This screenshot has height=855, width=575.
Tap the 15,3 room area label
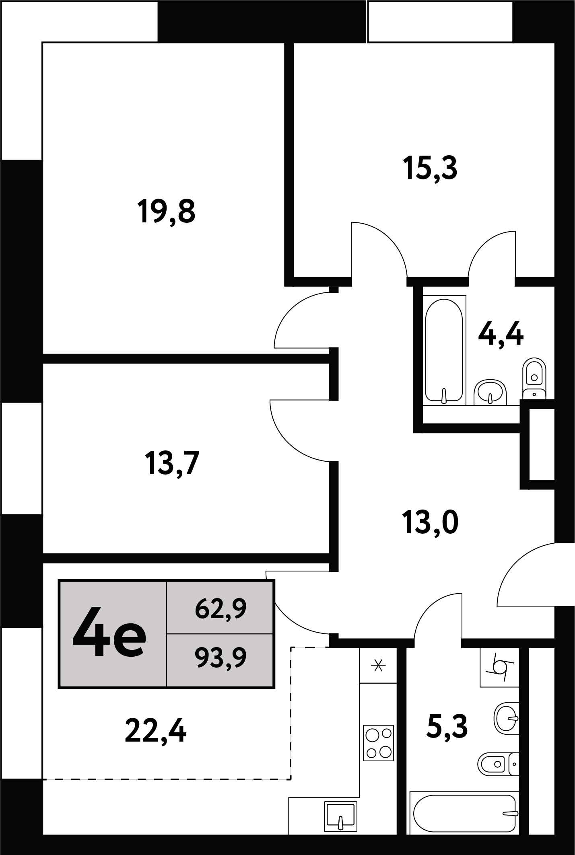point(430,169)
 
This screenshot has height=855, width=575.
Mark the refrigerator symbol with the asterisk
point(378,666)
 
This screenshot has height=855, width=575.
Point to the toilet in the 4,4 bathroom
point(534,378)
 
